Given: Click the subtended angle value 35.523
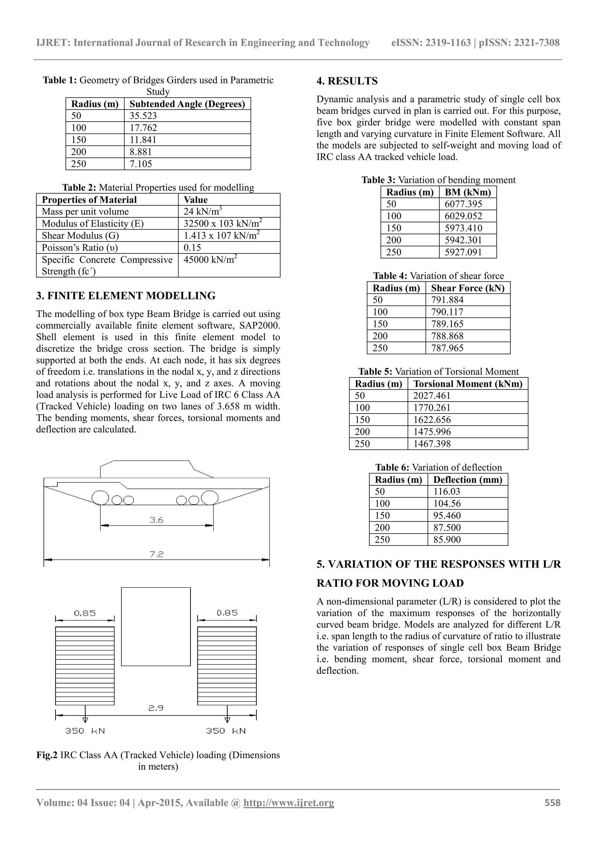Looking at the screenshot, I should pyautogui.click(x=143, y=116).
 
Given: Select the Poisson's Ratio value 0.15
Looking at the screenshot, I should pyautogui.click(x=192, y=248).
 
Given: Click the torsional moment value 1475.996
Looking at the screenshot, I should pyautogui.click(x=432, y=432).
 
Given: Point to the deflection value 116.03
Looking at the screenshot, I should pyautogui.click(x=447, y=492).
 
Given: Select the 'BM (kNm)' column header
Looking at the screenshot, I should pyautogui.click(x=468, y=192).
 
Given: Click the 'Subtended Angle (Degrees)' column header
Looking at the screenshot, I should pyautogui.click(x=187, y=104).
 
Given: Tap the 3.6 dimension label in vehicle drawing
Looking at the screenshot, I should pyautogui.click(x=156, y=520).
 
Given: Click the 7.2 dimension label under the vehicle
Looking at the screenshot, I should pyautogui.click(x=156, y=554).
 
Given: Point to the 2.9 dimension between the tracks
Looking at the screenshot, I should pyautogui.click(x=156, y=708).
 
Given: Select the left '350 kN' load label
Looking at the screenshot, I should pyautogui.click(x=85, y=731).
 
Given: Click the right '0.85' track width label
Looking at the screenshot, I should pyautogui.click(x=227, y=613).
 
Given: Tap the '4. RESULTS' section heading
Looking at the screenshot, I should pyautogui.click(x=347, y=81).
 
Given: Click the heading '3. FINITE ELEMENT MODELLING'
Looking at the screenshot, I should pyautogui.click(x=126, y=295).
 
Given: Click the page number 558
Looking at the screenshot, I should pyautogui.click(x=552, y=803).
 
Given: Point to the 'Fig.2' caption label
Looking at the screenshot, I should pyautogui.click(x=47, y=755).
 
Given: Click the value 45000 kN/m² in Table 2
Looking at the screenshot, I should pyautogui.click(x=210, y=260).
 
